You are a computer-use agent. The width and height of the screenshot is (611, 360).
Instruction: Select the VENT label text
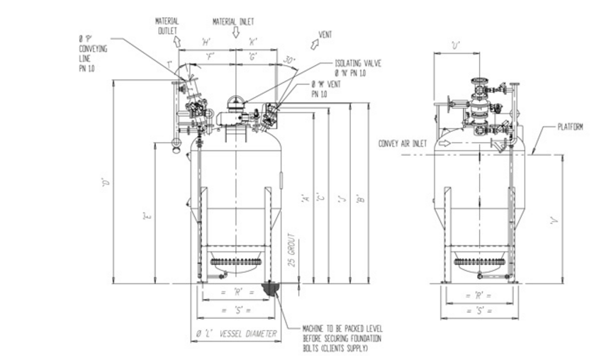point(325,33)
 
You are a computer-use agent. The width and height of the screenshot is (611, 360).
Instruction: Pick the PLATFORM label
point(570,128)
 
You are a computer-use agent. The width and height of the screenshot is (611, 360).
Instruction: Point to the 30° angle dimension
point(289,60)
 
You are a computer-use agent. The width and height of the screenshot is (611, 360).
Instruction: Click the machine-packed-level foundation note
point(335,338)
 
